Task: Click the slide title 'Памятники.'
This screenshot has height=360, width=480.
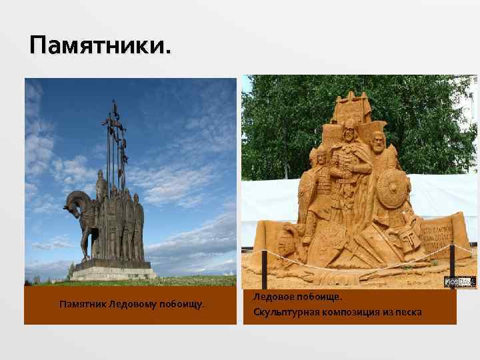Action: [x=100, y=46]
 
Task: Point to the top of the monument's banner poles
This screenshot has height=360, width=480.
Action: [x=115, y=107]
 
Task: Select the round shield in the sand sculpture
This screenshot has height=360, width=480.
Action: [x=391, y=193]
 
